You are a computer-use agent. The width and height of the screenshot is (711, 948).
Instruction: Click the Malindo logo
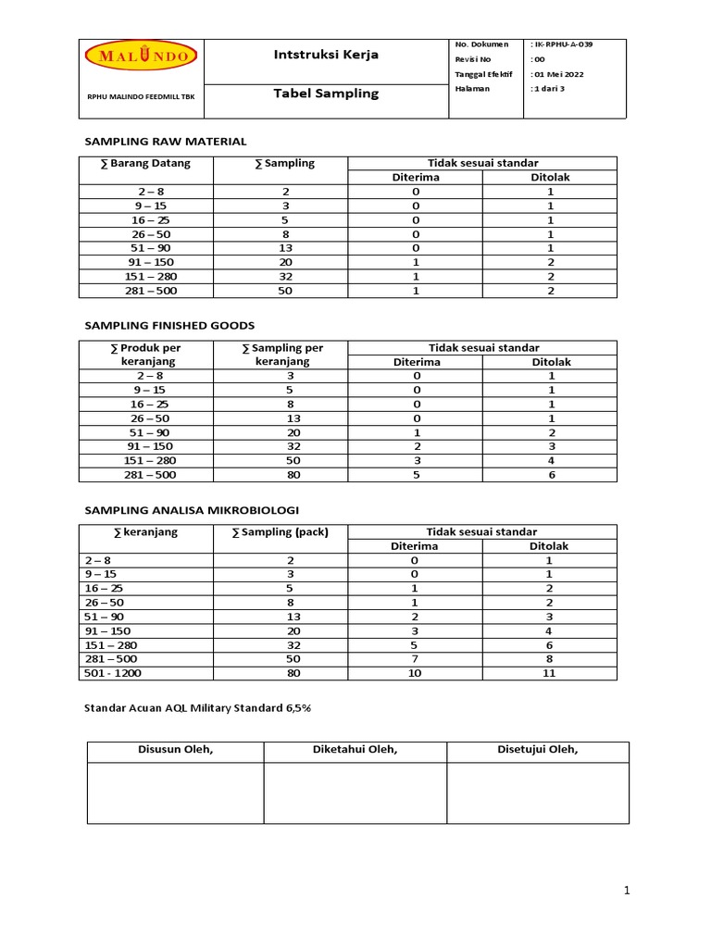141,56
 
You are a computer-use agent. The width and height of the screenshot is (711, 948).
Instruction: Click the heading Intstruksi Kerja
326,55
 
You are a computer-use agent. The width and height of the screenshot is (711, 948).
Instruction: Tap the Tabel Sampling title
326,94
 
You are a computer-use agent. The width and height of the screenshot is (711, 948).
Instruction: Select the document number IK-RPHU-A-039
561,44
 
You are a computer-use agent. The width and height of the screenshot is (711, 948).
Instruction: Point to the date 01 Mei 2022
557,74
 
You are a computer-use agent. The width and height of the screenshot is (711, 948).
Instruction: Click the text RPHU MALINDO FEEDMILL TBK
141,95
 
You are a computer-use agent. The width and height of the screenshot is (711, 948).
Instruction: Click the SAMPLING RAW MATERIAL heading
166,142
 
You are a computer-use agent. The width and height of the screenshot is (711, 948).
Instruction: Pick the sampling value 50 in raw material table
285,291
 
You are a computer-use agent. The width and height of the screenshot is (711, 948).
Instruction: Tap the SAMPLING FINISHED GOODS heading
169,325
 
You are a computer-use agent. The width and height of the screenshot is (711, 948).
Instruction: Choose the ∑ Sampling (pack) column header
285,532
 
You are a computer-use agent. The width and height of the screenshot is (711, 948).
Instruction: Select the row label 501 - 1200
114,674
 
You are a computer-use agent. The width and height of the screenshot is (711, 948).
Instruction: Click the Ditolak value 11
548,674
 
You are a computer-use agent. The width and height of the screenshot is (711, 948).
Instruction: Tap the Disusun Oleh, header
176,751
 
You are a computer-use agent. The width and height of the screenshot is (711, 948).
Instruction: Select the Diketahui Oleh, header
355,751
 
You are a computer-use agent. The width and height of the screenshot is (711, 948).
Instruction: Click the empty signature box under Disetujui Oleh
537,792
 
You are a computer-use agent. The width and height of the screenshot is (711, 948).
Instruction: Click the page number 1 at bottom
627,891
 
